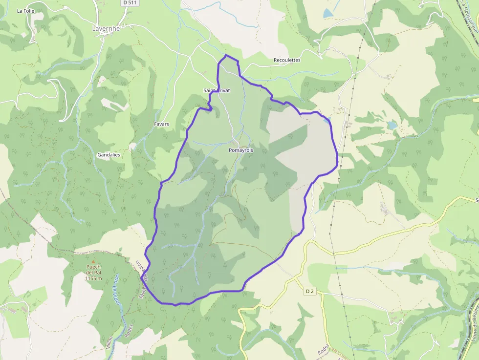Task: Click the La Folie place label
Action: pos(25,11)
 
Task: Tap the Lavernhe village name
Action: pos(106,28)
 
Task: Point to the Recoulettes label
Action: pos(287,60)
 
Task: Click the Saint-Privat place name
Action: pos(217,91)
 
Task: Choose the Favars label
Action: pos(161,124)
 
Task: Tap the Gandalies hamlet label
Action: pos(109,154)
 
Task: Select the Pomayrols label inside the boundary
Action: pos(241,150)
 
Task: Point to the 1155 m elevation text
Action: pos(93,278)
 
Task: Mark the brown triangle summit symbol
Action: pos(87,262)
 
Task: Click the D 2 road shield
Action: pos(309,292)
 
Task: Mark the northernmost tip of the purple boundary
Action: pos(226,56)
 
